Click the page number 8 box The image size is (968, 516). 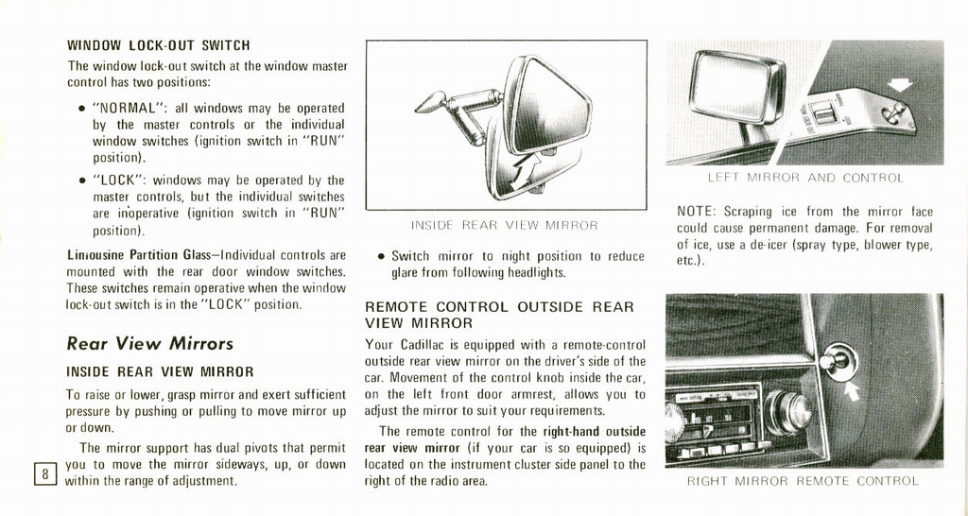[x=44, y=473]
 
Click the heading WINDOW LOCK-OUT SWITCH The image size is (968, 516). [x=158, y=44]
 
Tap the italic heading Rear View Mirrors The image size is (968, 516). [x=149, y=343]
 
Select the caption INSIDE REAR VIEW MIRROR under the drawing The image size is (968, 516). [x=505, y=225]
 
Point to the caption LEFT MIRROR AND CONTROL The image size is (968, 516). [x=805, y=178]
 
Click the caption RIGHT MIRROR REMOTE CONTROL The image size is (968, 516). [x=803, y=481]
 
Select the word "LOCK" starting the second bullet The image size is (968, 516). [x=118, y=180]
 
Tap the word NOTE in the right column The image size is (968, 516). [x=696, y=212]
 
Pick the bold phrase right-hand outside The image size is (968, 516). [x=593, y=431]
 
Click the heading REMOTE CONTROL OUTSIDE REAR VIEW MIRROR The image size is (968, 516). [x=499, y=315]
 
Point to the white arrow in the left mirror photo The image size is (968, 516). [x=899, y=85]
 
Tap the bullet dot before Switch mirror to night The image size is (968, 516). [x=380, y=256]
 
